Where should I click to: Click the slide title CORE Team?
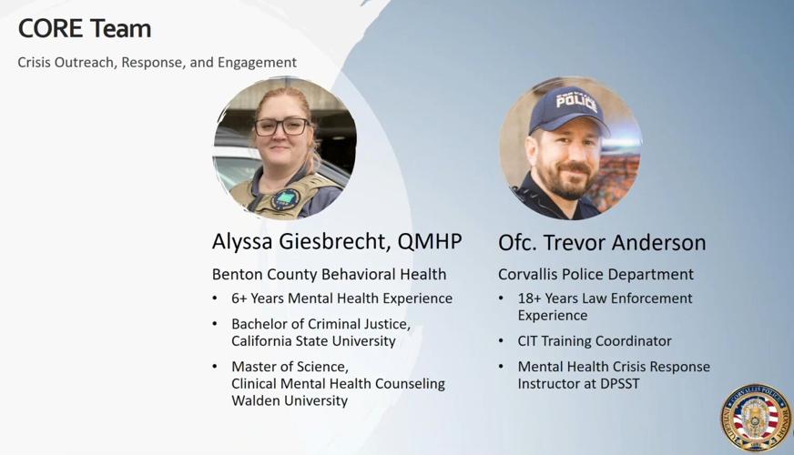click(85, 29)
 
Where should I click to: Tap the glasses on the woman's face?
click(281, 126)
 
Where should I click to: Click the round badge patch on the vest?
click(286, 199)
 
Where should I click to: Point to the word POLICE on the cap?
click(576, 103)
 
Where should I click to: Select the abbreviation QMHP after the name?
click(430, 241)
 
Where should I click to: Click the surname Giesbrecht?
click(335, 242)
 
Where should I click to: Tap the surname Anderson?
click(658, 242)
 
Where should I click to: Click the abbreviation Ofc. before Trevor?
click(517, 242)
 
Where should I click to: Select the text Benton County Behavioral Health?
click(329, 274)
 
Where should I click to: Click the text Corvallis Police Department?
click(595, 274)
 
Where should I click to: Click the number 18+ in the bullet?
click(529, 298)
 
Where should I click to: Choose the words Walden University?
click(290, 400)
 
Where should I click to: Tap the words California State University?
click(313, 341)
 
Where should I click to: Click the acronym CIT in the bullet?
click(527, 341)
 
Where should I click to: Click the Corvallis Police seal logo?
click(757, 418)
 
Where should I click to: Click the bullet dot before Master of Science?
click(215, 367)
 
